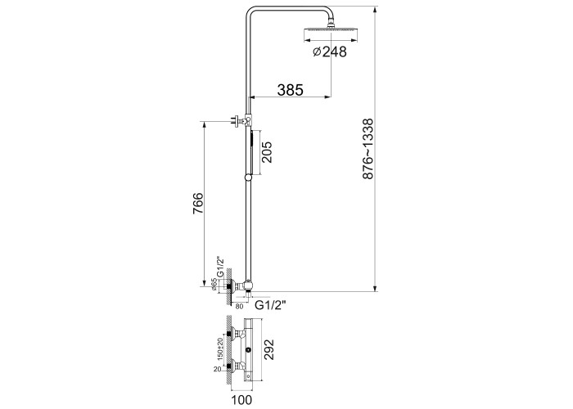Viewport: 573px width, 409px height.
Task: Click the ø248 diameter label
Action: click(x=330, y=52)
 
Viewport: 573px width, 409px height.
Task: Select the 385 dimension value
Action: click(x=290, y=90)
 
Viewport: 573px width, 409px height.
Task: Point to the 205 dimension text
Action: click(x=266, y=152)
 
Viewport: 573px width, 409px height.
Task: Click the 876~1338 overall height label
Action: click(x=368, y=149)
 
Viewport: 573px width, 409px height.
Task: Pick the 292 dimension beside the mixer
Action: click(x=268, y=350)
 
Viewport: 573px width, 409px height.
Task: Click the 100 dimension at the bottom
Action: click(x=241, y=400)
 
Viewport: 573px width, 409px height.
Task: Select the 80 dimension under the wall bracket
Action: click(x=239, y=307)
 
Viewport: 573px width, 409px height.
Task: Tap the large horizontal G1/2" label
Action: click(x=270, y=304)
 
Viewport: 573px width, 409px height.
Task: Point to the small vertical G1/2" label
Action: click(x=220, y=267)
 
